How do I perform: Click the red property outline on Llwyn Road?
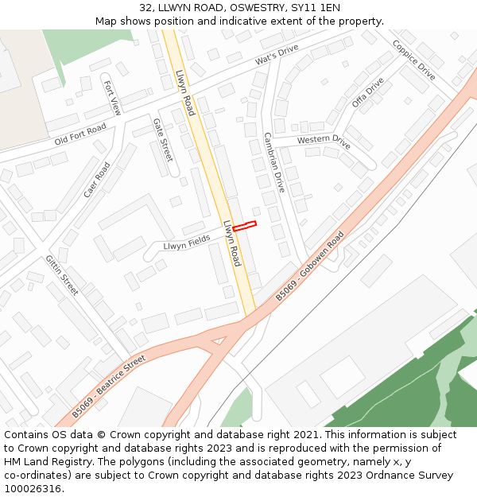244,226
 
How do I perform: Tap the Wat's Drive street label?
277,55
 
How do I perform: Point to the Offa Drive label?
367,92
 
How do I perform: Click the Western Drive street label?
324,142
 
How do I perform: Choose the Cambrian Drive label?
273,162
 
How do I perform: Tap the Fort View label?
112,98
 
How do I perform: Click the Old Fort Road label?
80,134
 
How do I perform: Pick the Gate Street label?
162,140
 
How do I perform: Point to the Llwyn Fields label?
187,242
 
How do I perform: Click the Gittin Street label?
62,275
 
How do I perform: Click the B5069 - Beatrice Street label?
109,386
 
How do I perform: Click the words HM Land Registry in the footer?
41,461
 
